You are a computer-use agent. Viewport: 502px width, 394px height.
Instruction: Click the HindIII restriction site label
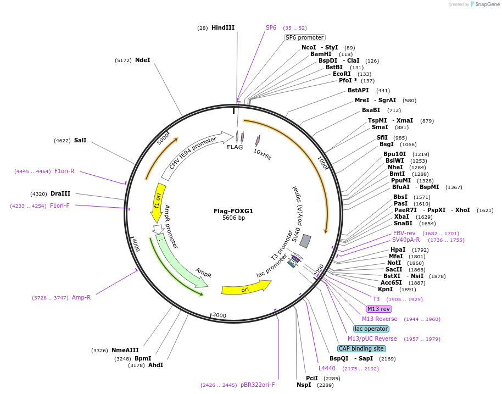pos(222,27)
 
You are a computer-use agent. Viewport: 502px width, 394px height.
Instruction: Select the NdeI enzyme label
pos(142,60)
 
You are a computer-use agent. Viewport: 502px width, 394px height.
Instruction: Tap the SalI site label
pos(80,140)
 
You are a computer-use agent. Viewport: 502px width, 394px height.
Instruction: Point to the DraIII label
pos(60,193)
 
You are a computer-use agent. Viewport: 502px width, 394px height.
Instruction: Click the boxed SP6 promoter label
pos(305,37)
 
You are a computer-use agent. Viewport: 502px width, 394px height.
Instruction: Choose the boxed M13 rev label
pos(379,309)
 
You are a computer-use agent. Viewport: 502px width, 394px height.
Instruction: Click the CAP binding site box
pos(361,348)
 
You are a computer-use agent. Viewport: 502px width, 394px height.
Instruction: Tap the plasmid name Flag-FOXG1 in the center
pos(233,211)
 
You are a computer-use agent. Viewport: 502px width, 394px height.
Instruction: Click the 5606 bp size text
pos(233,218)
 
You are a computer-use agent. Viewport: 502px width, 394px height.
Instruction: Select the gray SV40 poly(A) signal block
pos(306,241)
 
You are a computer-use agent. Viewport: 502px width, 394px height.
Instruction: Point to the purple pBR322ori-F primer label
pos(258,385)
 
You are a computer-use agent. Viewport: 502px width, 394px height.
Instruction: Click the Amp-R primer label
pos(81,297)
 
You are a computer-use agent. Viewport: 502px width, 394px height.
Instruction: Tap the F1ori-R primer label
pos(64,171)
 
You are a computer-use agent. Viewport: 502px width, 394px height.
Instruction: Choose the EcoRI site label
pos(342,74)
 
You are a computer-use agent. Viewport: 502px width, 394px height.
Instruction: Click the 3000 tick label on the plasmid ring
pos(219,315)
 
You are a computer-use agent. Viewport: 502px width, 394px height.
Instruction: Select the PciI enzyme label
pos(312,378)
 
